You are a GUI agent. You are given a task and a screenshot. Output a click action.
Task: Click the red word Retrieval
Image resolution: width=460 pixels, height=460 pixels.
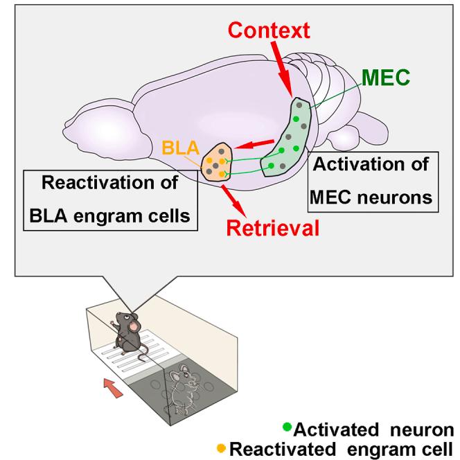(271, 227)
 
